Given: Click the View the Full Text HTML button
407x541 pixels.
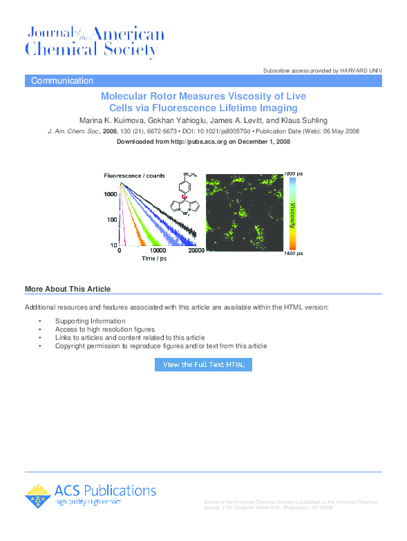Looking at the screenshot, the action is click(203, 364).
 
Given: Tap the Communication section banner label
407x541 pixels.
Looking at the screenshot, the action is click(62, 81).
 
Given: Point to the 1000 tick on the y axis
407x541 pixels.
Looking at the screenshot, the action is click(111, 195).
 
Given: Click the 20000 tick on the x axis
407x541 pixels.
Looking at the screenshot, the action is click(197, 251).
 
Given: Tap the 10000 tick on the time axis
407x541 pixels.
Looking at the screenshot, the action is click(158, 251).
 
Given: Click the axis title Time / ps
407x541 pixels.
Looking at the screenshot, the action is click(155, 258).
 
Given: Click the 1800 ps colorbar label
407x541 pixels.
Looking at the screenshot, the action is click(294, 173).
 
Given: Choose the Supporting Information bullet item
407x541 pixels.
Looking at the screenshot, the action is click(91, 321).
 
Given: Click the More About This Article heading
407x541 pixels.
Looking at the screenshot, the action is click(68, 289).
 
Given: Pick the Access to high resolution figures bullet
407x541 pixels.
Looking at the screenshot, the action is click(105, 330).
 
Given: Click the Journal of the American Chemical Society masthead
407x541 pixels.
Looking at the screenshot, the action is click(95, 41).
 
